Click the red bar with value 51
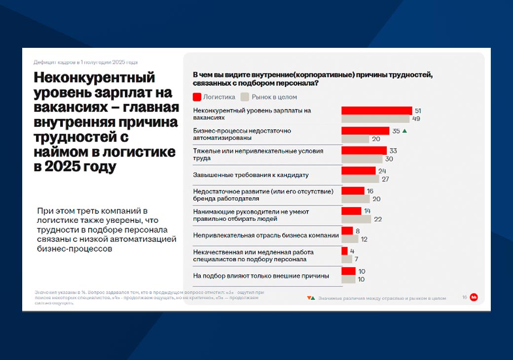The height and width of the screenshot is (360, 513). pos(376,110)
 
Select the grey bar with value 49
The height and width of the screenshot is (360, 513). pos(375,119)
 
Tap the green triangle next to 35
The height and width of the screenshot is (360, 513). pos(404,131)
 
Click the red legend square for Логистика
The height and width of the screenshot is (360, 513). pos(197,97)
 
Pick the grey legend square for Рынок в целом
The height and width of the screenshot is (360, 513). pos(245,97)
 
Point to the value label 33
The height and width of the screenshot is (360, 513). pos(393,151)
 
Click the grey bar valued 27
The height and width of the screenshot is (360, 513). pos(360,179)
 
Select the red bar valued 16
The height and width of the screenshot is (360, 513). pos(353,191)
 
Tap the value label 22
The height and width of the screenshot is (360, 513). pos(378,219)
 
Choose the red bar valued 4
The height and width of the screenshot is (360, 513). pos(344,251)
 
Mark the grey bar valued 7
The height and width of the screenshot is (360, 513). pos(347,259)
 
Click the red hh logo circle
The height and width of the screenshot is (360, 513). pos(474,297)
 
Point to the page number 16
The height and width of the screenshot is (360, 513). pos(465,297)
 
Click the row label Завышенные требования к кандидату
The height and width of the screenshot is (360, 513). pos(251,175)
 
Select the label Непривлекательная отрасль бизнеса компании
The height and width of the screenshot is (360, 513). pos(266,235)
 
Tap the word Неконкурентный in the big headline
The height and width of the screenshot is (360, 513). pos(94,78)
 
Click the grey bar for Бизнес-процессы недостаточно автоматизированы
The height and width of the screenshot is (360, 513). pos(355,139)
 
